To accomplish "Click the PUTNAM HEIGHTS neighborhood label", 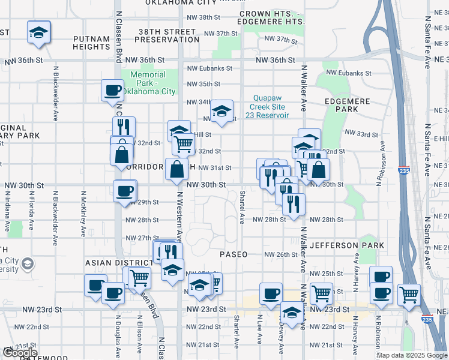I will tap(91, 43).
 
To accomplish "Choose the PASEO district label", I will tap(234, 254).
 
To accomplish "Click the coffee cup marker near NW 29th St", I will tap(125, 191).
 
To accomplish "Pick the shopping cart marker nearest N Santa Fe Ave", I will tap(409, 294).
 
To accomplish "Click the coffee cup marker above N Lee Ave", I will tap(271, 293).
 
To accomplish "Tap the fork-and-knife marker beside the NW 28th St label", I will tap(294, 204).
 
